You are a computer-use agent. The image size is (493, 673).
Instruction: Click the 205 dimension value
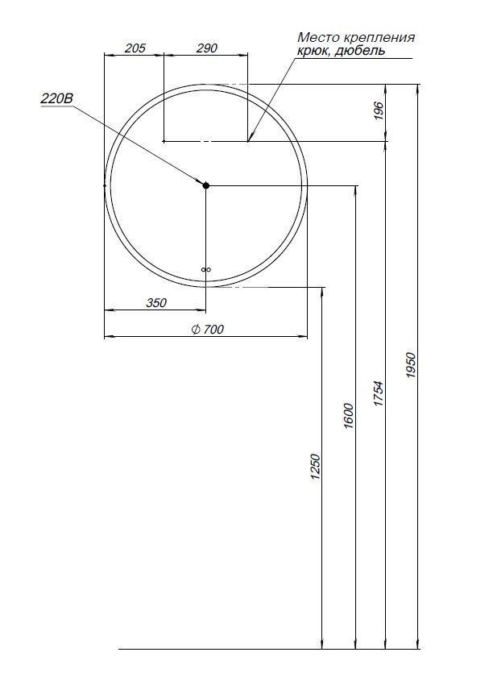(x=135, y=48)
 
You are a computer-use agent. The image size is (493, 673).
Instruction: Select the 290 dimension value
(x=207, y=48)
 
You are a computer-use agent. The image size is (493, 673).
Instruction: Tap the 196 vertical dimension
(x=379, y=112)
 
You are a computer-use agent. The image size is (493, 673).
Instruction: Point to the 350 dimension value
(x=155, y=303)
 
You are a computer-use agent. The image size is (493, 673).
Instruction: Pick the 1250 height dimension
(x=316, y=468)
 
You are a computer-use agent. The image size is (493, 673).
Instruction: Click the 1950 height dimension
(x=410, y=367)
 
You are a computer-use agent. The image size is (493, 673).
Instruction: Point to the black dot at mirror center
(x=205, y=185)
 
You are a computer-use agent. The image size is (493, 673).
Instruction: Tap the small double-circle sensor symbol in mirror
(x=205, y=270)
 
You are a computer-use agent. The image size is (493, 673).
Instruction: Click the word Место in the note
(x=315, y=37)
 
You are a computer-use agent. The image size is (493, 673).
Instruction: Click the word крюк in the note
(x=313, y=51)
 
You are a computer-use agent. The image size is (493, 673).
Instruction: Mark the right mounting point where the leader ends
(x=247, y=141)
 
